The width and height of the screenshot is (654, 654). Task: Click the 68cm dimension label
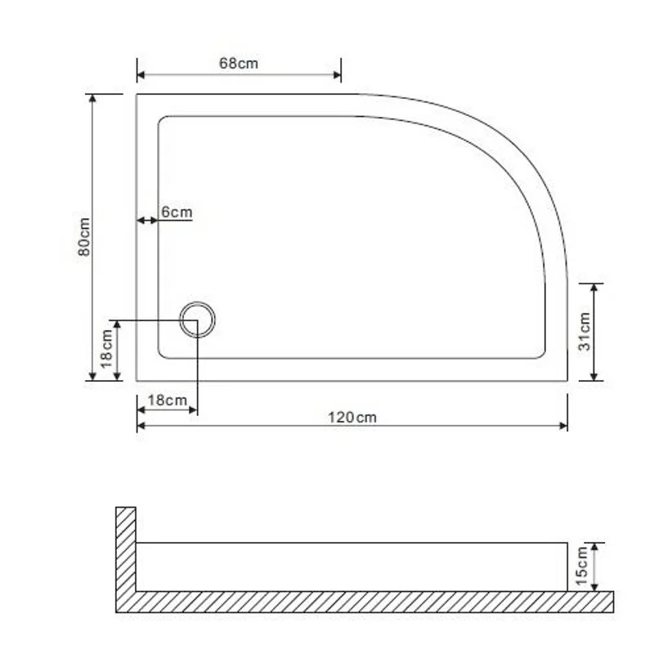pos(239,63)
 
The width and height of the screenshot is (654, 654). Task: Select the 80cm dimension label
pos(83,237)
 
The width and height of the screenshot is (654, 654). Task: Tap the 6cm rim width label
pos(177,213)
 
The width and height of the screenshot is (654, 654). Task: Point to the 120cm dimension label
pos(352,417)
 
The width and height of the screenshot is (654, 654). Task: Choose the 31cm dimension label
pos(584,331)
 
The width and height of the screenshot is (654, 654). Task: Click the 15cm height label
pos(582,567)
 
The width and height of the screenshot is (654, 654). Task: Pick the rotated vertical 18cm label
pos(106,350)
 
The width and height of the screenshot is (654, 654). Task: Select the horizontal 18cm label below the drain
pos(167,400)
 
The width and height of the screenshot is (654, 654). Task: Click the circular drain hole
pos(197,320)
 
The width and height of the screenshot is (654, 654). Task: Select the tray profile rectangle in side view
pos(352,567)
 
